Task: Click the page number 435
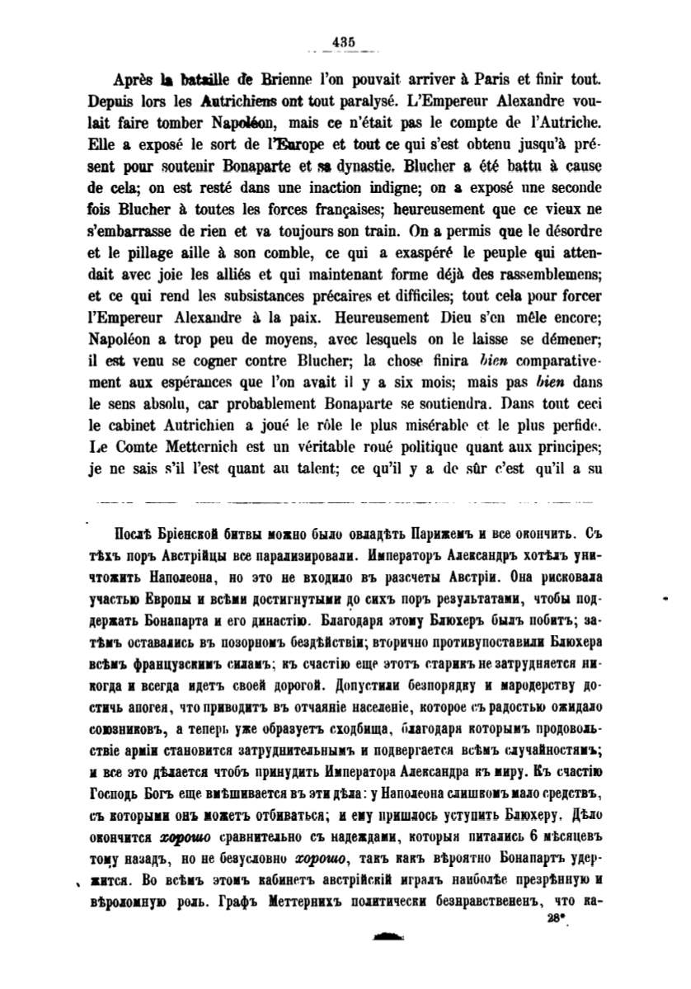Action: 344,45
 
